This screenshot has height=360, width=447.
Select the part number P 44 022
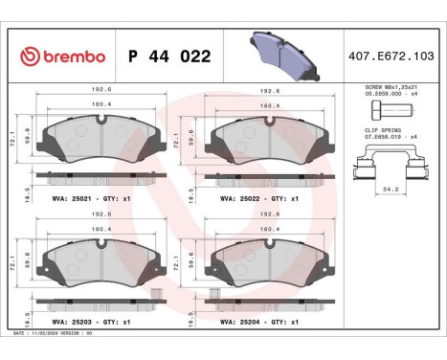(x=168, y=56)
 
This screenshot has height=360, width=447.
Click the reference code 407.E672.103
(x=391, y=56)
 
